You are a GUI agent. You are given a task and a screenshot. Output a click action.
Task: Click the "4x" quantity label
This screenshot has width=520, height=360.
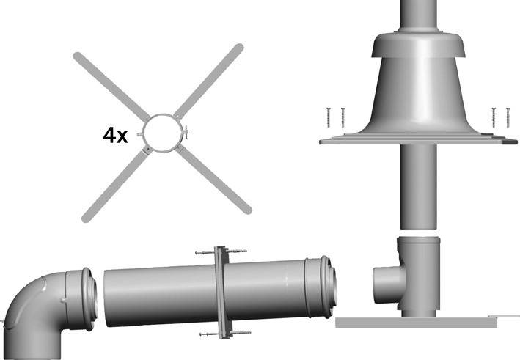coord(117,136)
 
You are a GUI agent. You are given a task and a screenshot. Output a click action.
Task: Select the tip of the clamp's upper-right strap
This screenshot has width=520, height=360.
coord(238,48)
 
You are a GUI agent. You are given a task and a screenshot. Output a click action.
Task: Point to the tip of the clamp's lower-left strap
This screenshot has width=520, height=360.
coord(86,217)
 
